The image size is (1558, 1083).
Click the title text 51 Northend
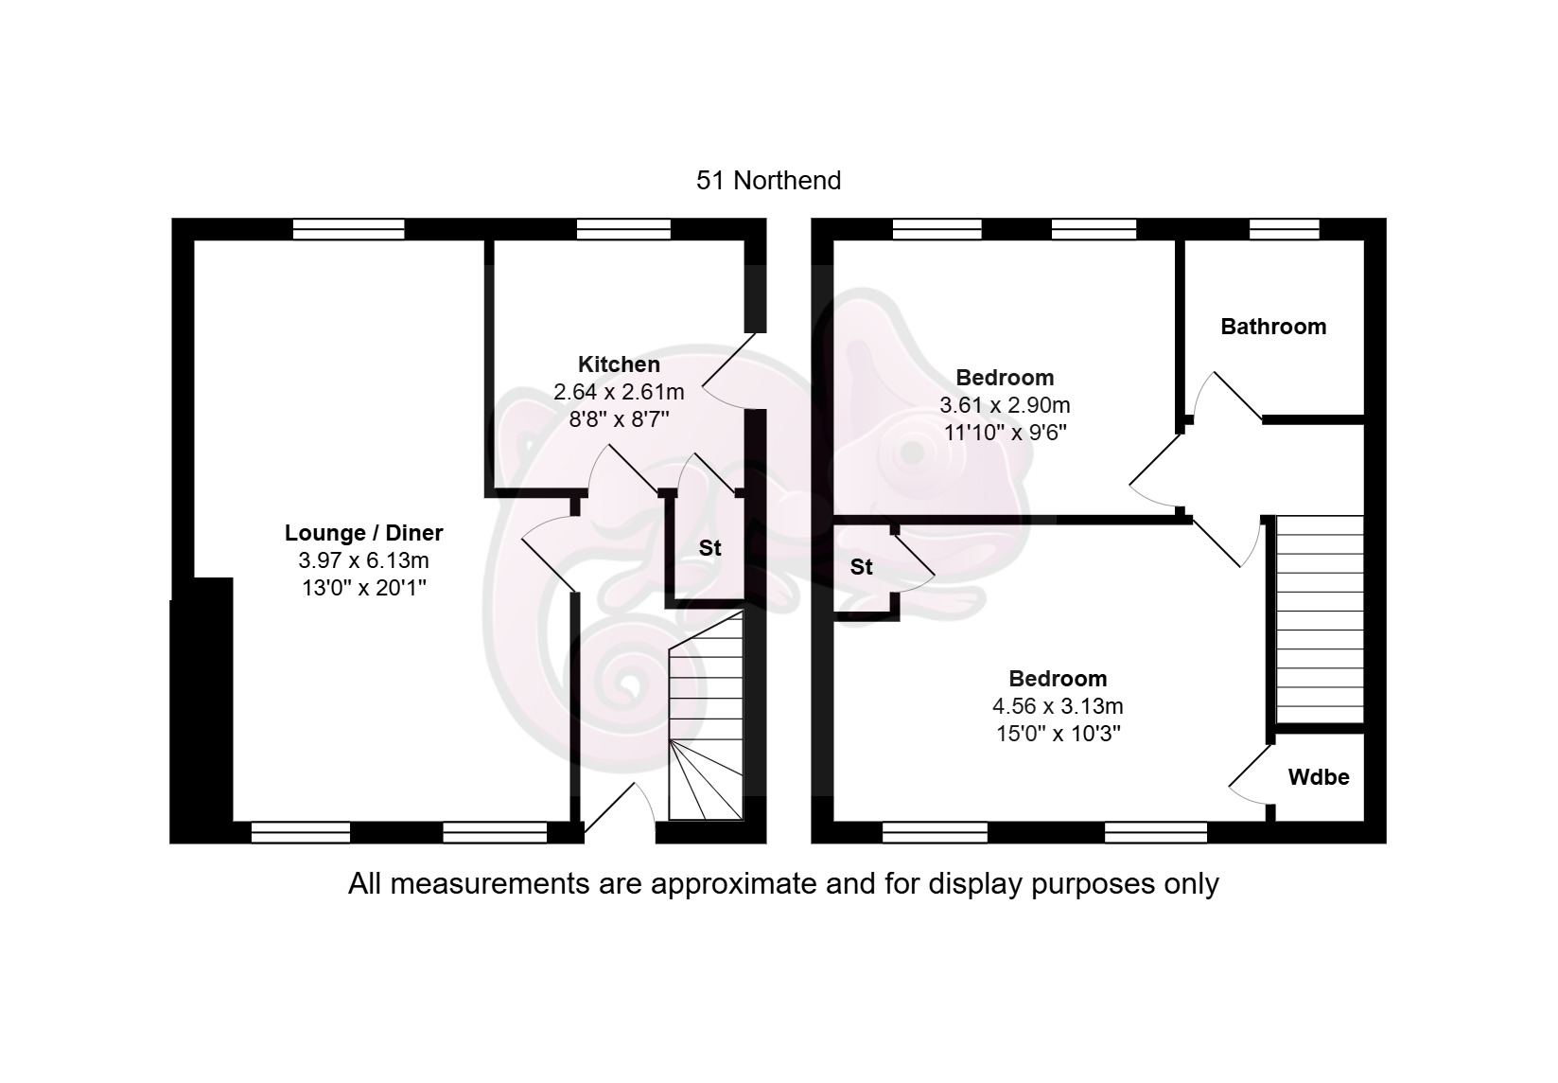(x=768, y=180)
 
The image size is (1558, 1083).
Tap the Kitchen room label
(x=619, y=364)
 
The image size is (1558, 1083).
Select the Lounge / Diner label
(x=364, y=532)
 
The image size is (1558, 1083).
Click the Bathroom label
(x=1273, y=327)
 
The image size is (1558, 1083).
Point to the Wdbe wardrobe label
(x=1318, y=777)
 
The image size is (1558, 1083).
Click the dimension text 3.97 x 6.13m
(x=363, y=560)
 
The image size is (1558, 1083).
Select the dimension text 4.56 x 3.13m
(x=1058, y=706)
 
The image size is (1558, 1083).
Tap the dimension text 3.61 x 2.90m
(x=1005, y=405)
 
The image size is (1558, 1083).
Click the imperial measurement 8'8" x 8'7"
(x=619, y=419)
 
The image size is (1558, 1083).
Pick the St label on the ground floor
(x=709, y=548)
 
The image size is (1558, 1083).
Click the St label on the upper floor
(x=861, y=567)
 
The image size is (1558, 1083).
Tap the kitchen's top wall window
(x=624, y=229)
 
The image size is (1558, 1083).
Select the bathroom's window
(x=1284, y=229)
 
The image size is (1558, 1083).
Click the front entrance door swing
(x=621, y=806)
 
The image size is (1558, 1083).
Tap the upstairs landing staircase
(x=1320, y=619)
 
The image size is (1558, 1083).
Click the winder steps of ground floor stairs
(x=706, y=779)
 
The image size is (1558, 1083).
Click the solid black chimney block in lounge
(x=201, y=710)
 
